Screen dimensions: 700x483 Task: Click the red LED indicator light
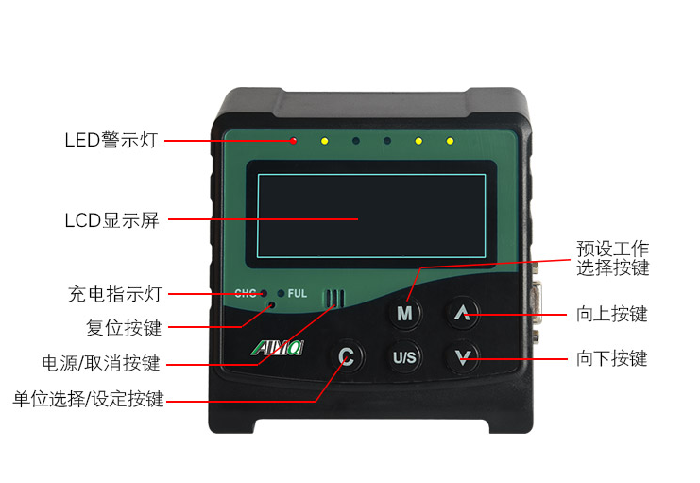tap(294, 141)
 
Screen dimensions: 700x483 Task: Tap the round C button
tap(347, 356)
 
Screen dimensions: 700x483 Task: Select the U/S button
tap(404, 357)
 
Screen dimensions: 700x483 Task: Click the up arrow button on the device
tap(463, 312)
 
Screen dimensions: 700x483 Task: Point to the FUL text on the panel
tap(297, 293)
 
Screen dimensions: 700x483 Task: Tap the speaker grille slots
tap(333, 299)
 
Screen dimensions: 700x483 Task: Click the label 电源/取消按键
tap(101, 363)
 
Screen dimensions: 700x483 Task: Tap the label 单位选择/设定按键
tap(88, 399)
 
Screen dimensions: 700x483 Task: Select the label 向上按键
tap(612, 314)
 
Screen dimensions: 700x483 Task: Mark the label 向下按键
tap(612, 358)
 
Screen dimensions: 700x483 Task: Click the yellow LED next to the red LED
tap(324, 142)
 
